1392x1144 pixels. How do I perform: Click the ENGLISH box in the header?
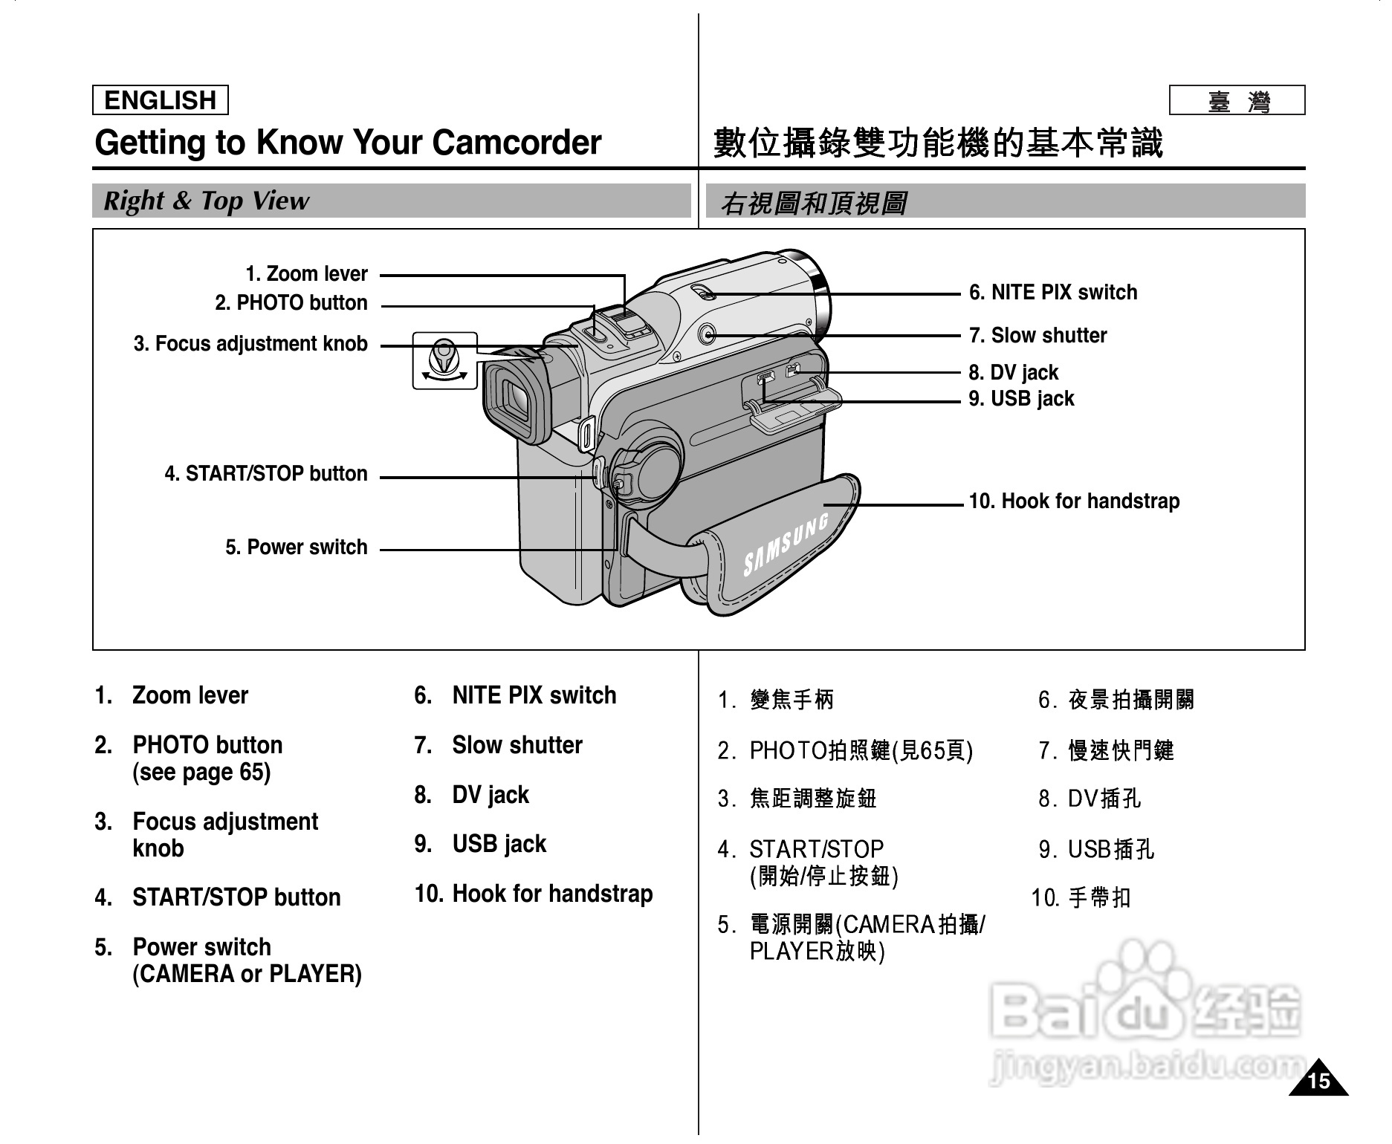160,100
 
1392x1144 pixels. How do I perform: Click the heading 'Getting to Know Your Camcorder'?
348,143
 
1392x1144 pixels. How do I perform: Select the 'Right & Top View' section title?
206,201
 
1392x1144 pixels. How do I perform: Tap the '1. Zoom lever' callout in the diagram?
306,274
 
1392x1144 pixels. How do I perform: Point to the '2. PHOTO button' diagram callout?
291,303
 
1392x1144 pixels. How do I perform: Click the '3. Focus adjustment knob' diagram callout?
250,344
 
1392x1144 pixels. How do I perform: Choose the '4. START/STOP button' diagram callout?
265,474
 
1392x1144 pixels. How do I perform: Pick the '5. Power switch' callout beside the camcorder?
296,547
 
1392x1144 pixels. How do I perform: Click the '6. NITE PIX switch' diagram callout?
1052,293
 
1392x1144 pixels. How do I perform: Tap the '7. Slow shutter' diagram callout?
1037,336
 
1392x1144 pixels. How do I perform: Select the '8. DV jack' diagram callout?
1013,373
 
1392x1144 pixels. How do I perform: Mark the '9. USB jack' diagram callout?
1021,399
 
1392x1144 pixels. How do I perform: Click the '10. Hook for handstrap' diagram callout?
1074,501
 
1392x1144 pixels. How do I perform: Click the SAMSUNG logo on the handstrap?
786,545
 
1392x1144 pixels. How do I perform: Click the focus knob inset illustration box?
444,361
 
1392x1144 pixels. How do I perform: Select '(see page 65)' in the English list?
201,773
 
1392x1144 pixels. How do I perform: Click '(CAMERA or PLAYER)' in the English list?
247,974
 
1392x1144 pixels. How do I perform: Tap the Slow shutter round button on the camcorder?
708,335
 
